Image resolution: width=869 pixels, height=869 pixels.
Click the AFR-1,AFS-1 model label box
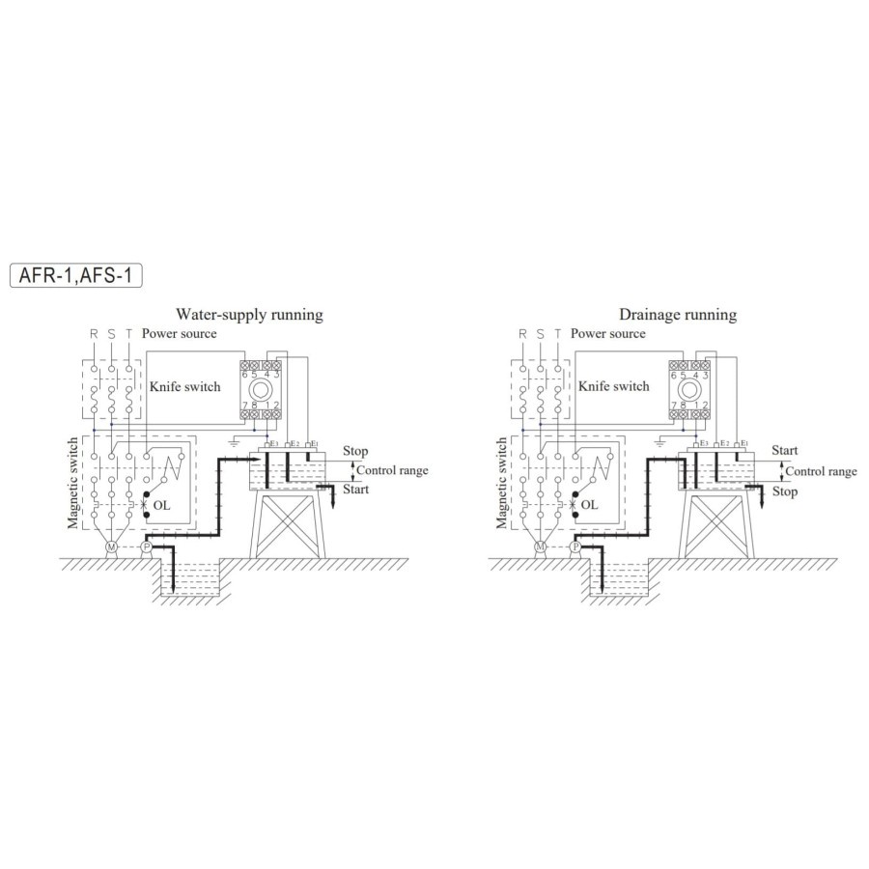(x=75, y=275)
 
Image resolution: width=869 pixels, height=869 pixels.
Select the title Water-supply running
(x=248, y=315)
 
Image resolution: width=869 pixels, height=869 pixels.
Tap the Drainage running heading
(x=677, y=315)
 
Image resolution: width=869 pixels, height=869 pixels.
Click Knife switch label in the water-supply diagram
(x=184, y=386)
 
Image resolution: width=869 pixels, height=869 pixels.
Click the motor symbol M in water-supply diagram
(x=111, y=547)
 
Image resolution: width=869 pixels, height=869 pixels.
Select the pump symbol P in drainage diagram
(x=575, y=547)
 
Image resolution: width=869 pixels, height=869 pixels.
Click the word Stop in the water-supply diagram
(x=355, y=451)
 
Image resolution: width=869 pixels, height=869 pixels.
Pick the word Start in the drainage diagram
(x=785, y=451)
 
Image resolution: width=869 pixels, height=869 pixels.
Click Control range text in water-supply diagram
(x=392, y=471)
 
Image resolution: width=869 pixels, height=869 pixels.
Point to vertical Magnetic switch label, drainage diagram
(x=501, y=482)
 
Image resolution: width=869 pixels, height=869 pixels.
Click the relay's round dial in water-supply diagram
(x=258, y=391)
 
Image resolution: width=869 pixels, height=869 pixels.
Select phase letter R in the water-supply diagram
(x=94, y=334)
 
